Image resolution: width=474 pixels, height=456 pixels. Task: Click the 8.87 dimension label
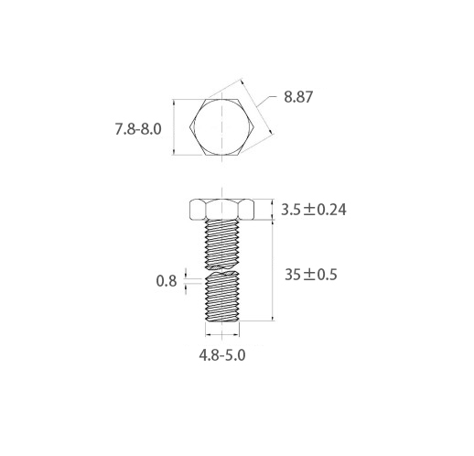[x=298, y=97]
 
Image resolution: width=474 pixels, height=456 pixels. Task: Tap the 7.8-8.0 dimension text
[x=138, y=129]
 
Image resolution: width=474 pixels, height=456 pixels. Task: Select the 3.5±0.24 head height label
[x=314, y=210]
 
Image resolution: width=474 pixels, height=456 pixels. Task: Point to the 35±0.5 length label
[x=311, y=275]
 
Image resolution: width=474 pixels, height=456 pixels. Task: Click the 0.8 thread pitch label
[x=167, y=281]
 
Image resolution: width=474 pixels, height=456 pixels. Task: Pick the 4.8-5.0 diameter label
[x=222, y=355]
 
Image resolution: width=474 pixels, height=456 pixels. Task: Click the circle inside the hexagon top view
[x=221, y=126]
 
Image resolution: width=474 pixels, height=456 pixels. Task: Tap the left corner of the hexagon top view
[x=189, y=127]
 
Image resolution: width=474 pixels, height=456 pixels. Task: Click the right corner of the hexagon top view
[x=254, y=127]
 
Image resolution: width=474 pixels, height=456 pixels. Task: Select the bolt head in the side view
[x=221, y=210]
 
